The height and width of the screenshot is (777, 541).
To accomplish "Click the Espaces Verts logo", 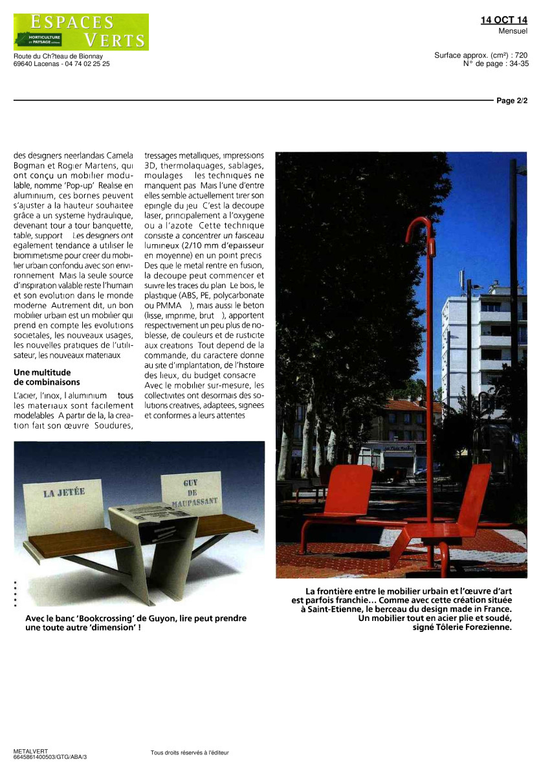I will click(x=81, y=32).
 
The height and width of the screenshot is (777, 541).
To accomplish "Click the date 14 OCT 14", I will click(x=503, y=20).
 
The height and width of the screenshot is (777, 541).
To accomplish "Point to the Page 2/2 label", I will click(x=512, y=101).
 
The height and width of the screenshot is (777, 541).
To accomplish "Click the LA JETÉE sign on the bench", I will click(x=64, y=492).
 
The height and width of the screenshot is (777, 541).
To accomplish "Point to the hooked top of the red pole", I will click(x=419, y=227).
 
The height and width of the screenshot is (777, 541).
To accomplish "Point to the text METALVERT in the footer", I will click(x=30, y=751).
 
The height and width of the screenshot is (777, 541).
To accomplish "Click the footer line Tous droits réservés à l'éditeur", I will click(x=190, y=752).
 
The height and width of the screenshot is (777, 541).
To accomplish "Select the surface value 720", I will click(x=520, y=56).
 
